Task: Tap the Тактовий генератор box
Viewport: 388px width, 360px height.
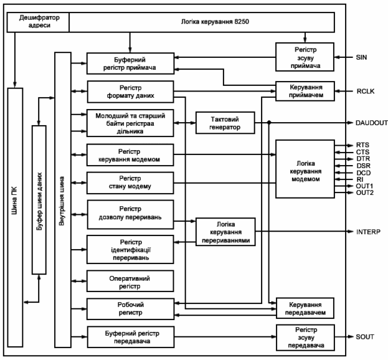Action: [225, 122]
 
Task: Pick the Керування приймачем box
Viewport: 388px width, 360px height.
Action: [304, 92]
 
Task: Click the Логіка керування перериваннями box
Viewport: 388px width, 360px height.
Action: [225, 231]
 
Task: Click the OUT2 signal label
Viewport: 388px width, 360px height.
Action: [364, 192]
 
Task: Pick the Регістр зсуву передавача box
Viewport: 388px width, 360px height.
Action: [304, 337]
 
